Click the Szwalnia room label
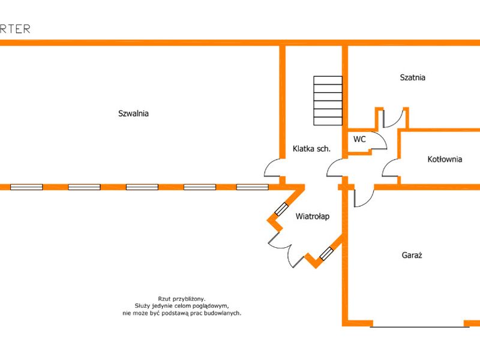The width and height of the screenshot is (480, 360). coord(133,113)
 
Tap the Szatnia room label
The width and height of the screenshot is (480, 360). coord(412,77)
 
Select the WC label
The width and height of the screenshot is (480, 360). coord(359,139)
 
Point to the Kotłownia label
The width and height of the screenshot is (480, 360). coord(445,159)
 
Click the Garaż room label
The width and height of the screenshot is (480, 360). coord(412,255)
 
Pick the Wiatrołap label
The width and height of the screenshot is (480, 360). coord(312,217)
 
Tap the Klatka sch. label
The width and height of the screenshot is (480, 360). coord(311,149)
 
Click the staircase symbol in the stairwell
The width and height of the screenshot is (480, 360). coord(328,101)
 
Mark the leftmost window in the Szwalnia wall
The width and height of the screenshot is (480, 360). coord(26,187)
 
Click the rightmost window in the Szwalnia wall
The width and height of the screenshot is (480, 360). coord(253,187)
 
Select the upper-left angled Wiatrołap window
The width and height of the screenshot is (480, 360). coord(281,209)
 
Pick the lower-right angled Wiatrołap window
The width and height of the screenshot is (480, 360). coord(326,254)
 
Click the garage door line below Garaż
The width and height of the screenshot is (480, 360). coord(419,327)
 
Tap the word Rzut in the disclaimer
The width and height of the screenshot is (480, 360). coord(164,299)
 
